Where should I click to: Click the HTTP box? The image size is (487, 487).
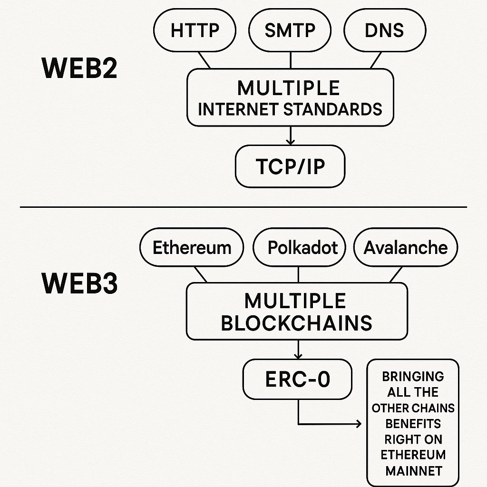click(x=195, y=30)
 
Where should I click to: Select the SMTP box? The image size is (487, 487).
click(x=290, y=30)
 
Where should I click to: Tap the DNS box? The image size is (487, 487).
click(x=384, y=30)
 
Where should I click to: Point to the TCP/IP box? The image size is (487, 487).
click(x=290, y=166)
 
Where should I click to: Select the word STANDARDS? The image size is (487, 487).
click(x=333, y=109)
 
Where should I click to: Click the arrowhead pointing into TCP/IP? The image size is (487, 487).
click(x=290, y=141)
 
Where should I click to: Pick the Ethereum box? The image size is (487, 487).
click(x=192, y=248)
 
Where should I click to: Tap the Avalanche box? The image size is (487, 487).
click(x=406, y=248)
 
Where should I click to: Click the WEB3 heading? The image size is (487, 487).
click(x=80, y=284)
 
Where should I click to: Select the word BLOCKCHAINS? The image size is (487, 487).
click(x=297, y=323)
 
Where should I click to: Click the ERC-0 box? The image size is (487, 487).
click(x=298, y=380)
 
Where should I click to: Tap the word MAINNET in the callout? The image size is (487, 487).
click(x=413, y=471)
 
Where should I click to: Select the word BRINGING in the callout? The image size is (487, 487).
click(x=413, y=377)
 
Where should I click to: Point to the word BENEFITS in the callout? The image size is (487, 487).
click(x=413, y=424)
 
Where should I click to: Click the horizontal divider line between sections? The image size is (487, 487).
click(x=243, y=207)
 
